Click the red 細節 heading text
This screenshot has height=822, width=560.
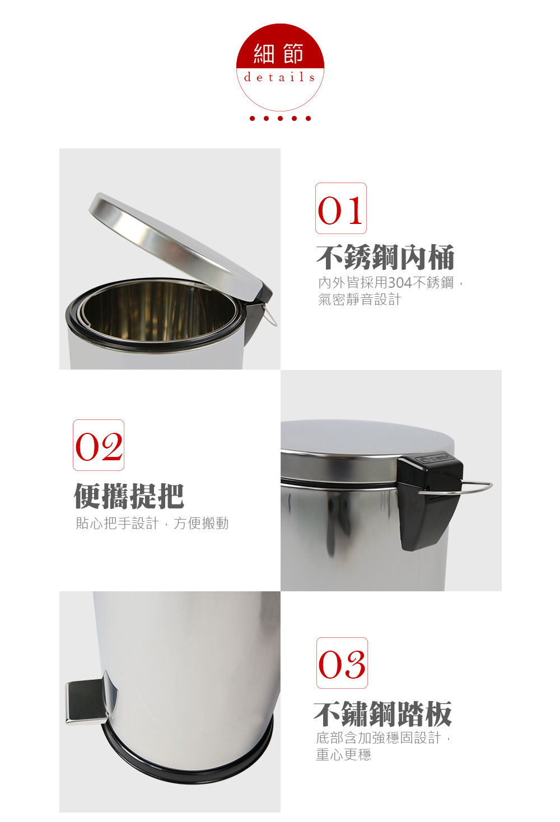[x=279, y=54]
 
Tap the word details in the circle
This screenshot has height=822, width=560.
[x=279, y=77]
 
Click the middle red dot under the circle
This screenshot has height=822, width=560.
[x=280, y=118]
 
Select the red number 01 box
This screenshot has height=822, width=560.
[x=341, y=208]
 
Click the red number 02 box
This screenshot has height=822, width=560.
[x=99, y=445]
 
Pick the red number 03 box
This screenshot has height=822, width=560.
[x=342, y=663]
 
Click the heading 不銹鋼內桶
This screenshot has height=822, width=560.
[x=385, y=257]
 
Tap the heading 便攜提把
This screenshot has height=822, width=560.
[x=129, y=496]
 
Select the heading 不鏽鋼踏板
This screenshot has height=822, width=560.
[x=382, y=714]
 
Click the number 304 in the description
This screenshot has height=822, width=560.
[x=400, y=283]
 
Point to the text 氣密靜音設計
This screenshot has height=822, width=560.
[x=360, y=300]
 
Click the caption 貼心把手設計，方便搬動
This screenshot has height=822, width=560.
[x=152, y=524]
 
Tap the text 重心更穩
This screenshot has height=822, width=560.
[x=343, y=754]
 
